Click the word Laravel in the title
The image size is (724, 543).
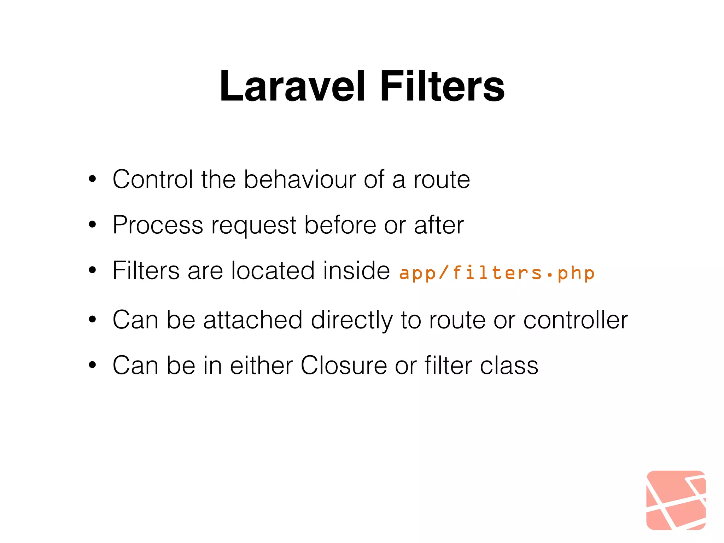click(x=292, y=87)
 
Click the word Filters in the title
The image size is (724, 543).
click(x=442, y=87)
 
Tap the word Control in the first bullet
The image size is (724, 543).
click(x=153, y=179)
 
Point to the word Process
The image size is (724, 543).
click(x=158, y=225)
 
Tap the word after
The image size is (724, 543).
click(x=439, y=225)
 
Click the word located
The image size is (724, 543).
click(x=273, y=270)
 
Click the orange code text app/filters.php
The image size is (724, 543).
click(x=497, y=273)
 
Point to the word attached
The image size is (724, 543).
click(x=253, y=320)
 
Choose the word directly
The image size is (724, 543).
click(x=351, y=320)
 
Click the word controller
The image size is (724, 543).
click(x=575, y=320)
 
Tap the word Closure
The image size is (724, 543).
click(x=344, y=365)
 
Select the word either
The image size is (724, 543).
click(x=261, y=365)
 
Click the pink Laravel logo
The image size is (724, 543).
click(x=676, y=500)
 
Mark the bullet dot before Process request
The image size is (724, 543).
click(x=93, y=225)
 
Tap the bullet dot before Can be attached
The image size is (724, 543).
click(x=93, y=320)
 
